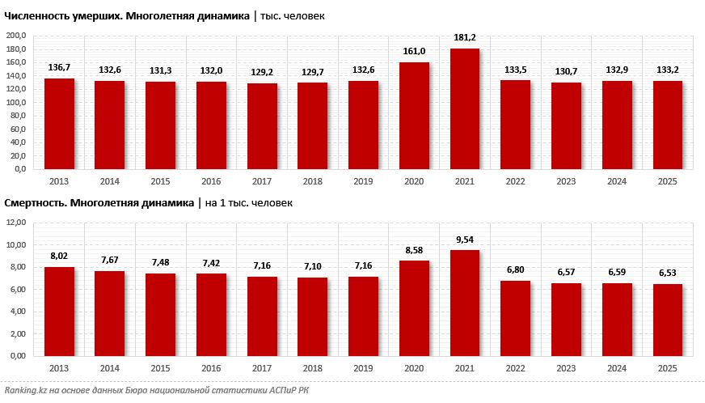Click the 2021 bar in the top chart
[x=465, y=109]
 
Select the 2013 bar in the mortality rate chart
[x=59, y=312]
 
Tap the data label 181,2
[x=465, y=37]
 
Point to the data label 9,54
[x=465, y=239]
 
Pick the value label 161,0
[x=414, y=51]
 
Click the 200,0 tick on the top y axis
[x=17, y=36]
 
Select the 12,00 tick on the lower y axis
[x=17, y=223]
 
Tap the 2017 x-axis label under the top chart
[x=261, y=182]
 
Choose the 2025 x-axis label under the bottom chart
[x=667, y=368]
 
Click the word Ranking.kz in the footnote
[x=26, y=391]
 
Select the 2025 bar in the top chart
[x=668, y=125]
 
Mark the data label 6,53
[x=668, y=273]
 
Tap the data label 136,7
[x=59, y=67]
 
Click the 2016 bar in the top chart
[x=211, y=125]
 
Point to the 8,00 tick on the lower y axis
[x=17, y=267]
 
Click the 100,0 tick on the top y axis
[x=17, y=103]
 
